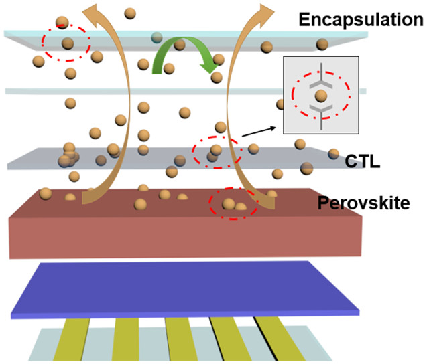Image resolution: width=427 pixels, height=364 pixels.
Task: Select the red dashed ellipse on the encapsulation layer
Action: pyautogui.click(x=66, y=42)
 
